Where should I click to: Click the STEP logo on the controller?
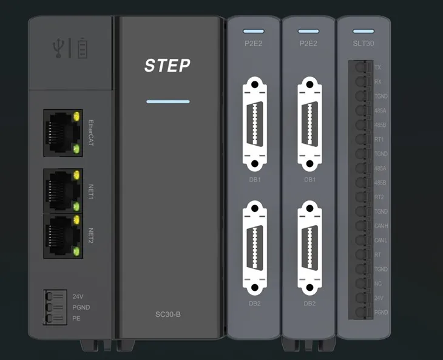[167, 66]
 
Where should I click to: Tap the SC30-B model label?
[168, 314]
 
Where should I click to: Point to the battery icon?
[81, 47]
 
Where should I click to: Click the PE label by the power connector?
[77, 318]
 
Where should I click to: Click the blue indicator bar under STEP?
[168, 101]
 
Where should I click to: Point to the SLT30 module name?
[363, 44]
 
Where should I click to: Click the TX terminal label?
[378, 67]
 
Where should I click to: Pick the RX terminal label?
[378, 81]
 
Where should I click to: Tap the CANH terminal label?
[380, 226]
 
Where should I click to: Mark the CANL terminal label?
[380, 240]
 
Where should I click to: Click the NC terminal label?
[378, 284]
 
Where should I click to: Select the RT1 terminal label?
[379, 139]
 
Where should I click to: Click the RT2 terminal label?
[379, 197]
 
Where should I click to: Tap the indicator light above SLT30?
[363, 30]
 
